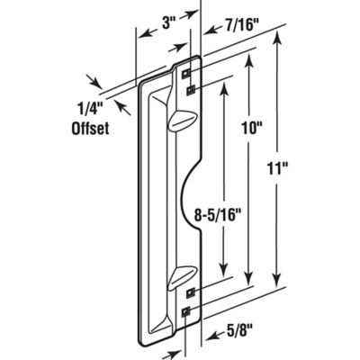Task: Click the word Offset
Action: (x=90, y=128)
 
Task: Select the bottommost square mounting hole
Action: (x=186, y=313)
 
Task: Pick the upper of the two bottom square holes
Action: (x=191, y=292)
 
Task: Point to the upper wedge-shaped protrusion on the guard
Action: (x=180, y=120)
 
